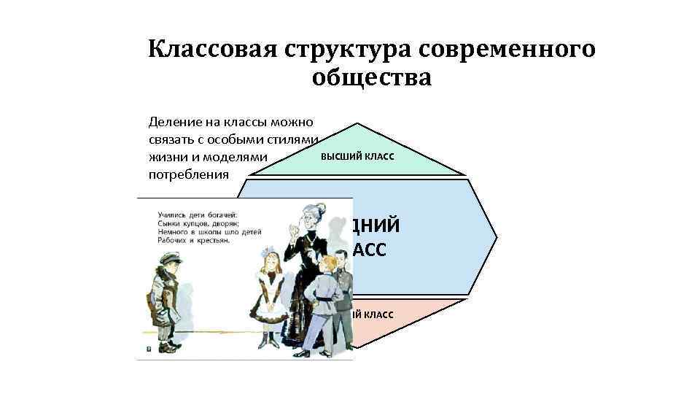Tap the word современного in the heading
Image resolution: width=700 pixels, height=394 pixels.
coord(502,50)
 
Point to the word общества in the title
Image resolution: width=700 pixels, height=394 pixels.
coord(372,77)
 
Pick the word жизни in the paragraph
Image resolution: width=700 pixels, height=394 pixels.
coord(165,157)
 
